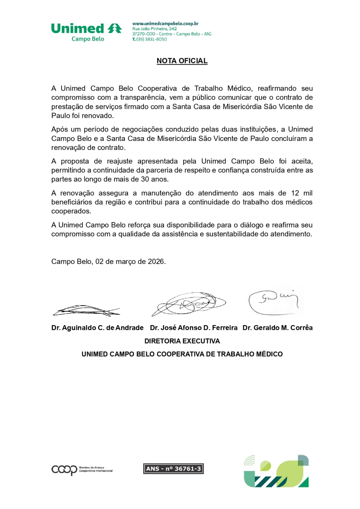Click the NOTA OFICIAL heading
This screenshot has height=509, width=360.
coord(182,61)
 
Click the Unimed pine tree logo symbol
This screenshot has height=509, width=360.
coord(115,28)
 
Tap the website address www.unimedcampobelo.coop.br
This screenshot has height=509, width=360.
coord(165,24)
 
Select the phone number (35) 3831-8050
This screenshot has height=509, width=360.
coord(151,39)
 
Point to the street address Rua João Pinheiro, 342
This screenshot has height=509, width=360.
coord(154,29)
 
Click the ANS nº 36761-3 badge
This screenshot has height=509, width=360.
coord(173,469)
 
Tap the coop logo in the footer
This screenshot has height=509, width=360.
coord(64,470)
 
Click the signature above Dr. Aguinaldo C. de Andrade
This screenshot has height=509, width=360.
coord(86,310)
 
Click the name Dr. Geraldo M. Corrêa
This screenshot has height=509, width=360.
coord(277,328)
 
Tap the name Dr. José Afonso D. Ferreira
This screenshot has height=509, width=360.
coord(194,328)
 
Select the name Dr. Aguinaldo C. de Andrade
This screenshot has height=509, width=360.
coord(97,328)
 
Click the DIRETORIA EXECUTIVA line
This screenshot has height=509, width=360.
coord(182,341)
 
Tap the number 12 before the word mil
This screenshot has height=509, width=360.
coord(295,193)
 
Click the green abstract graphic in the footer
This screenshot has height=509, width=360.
coord(276,471)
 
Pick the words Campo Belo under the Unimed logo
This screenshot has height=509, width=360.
coord(88,39)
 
